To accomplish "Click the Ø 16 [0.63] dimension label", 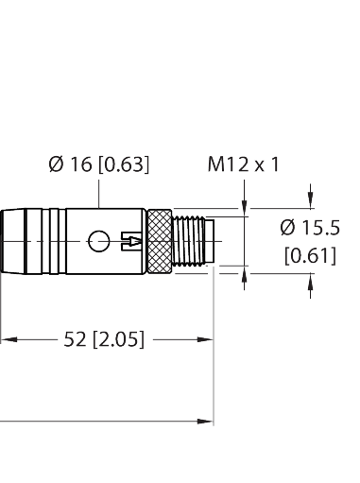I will [99, 164].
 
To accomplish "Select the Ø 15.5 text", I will [310, 227].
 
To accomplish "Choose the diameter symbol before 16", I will [56, 164].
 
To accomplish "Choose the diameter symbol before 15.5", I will [289, 227].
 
